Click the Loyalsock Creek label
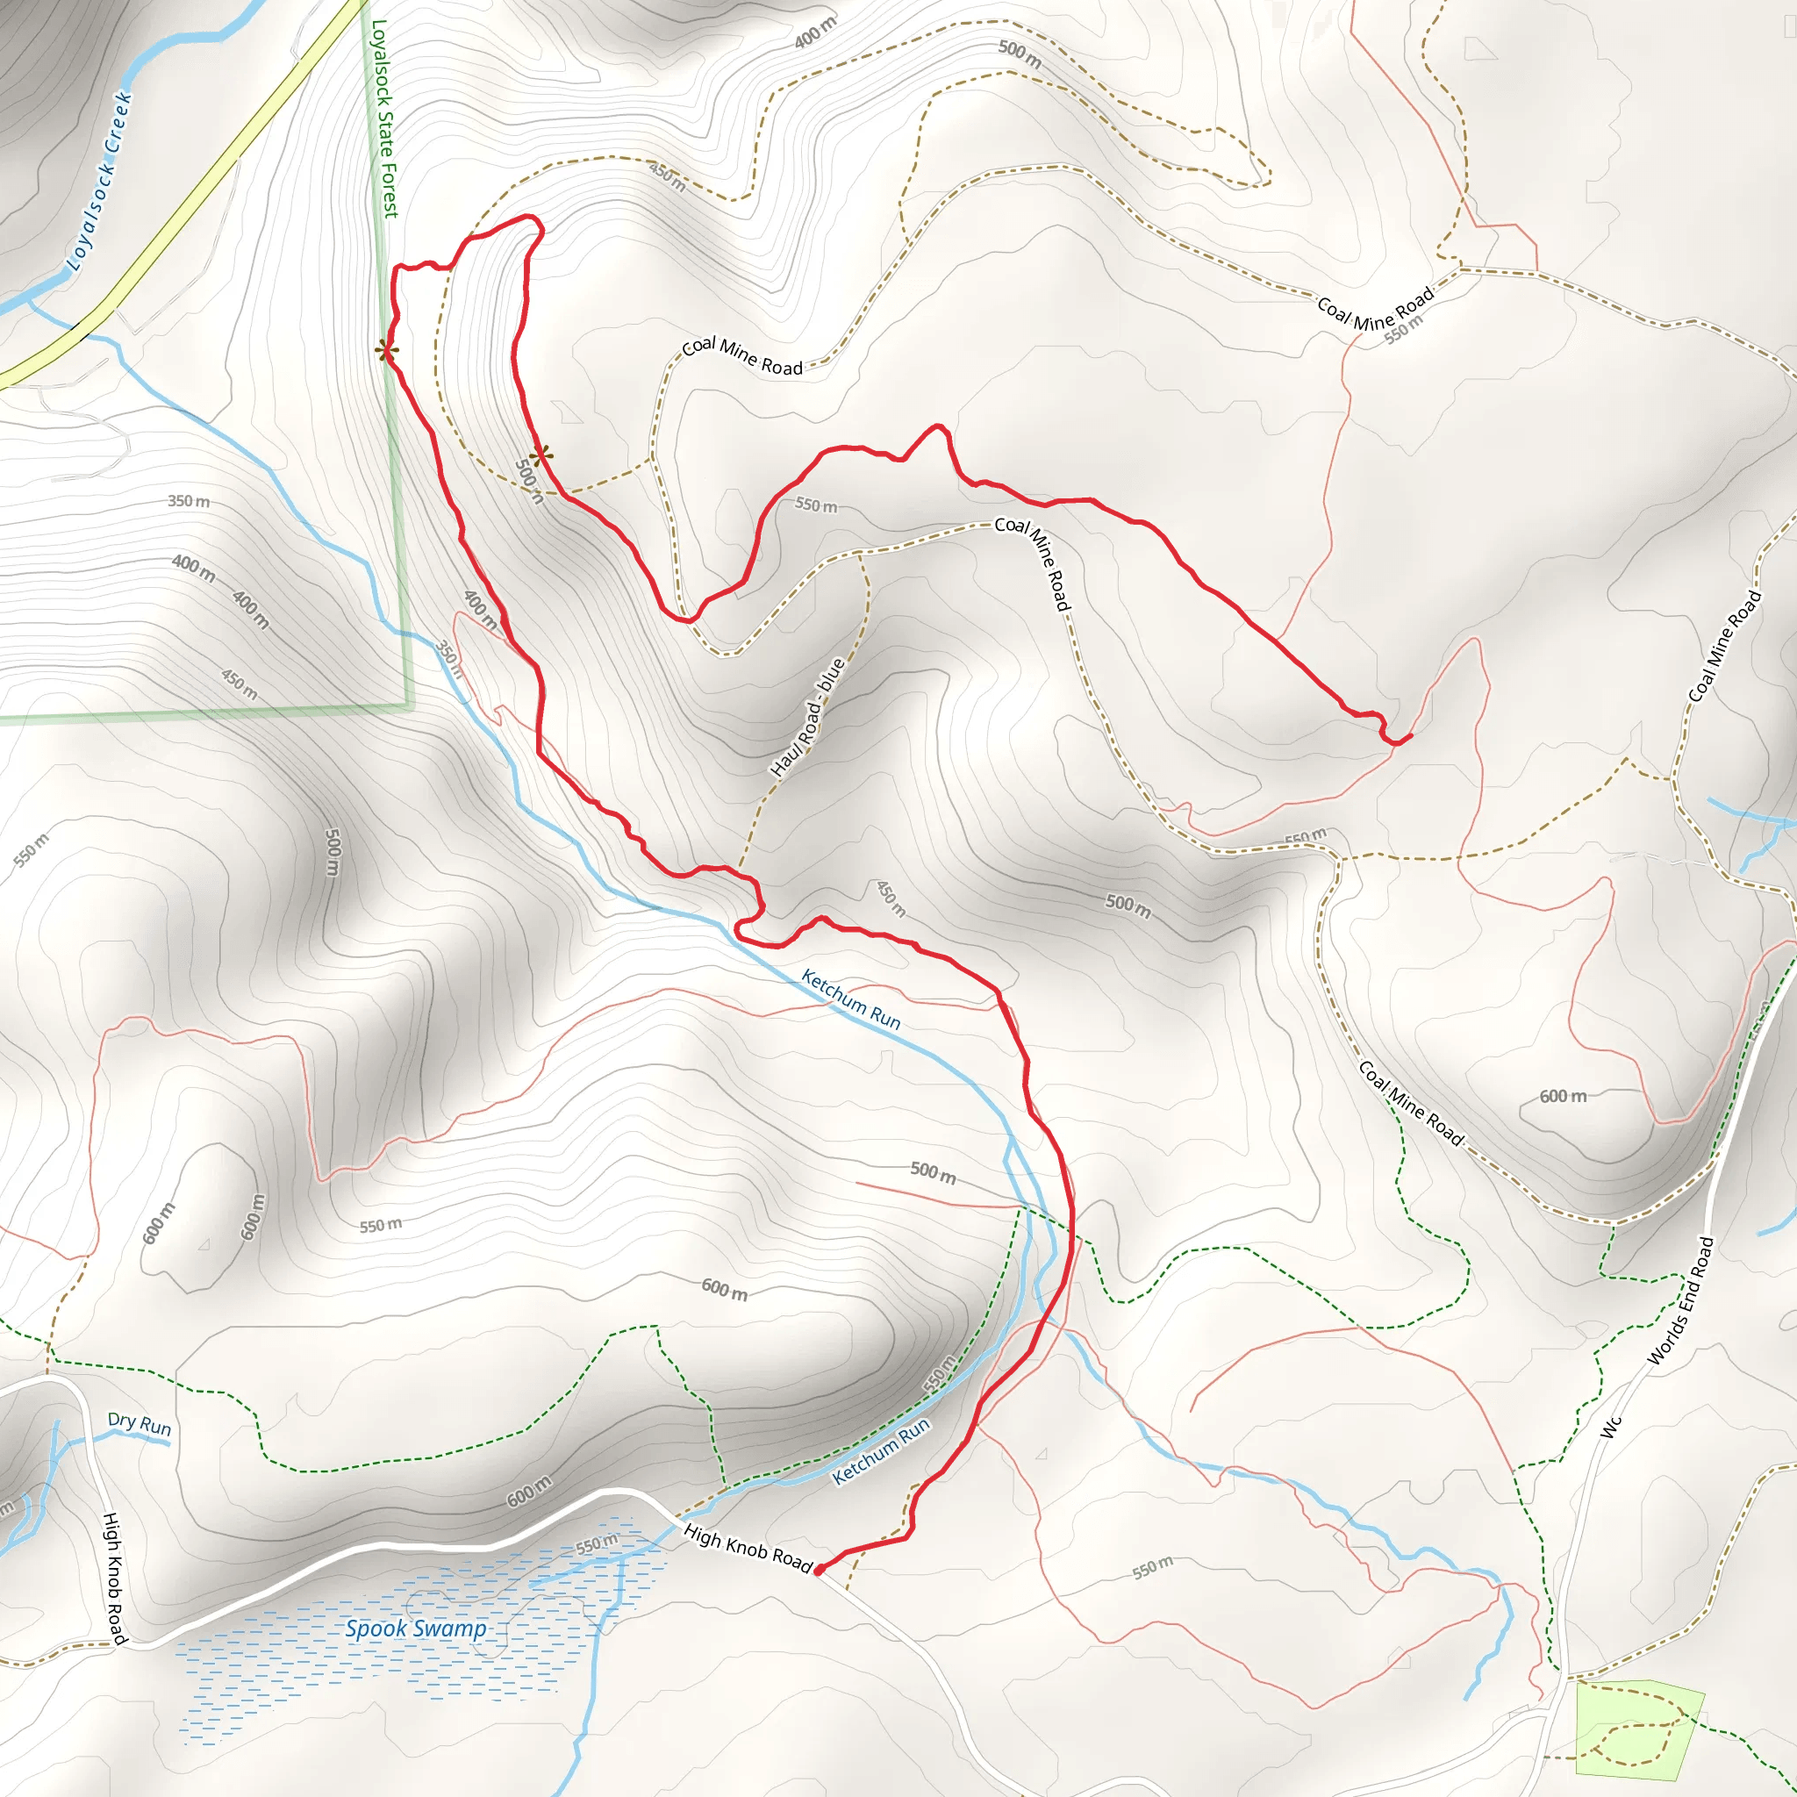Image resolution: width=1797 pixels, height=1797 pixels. [x=98, y=183]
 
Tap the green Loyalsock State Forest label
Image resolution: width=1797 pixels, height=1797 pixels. [x=384, y=119]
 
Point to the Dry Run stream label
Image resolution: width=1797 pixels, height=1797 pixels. [x=140, y=1424]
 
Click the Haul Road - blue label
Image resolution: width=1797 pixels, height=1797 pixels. [x=807, y=717]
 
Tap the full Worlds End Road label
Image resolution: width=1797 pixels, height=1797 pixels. [x=1679, y=1301]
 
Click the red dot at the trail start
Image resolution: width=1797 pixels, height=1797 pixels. [x=819, y=1570]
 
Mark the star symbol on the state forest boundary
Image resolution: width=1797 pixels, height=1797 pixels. [x=387, y=351]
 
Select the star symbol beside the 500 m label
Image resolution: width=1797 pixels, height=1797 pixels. [x=541, y=455]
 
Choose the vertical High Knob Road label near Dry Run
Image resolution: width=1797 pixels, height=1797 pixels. [x=113, y=1578]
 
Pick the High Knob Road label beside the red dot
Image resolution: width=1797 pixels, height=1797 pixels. [x=748, y=1548]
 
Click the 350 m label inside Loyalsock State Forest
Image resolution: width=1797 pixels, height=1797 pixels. [x=189, y=501]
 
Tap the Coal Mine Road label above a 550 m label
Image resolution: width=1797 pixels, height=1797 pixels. [x=1376, y=308]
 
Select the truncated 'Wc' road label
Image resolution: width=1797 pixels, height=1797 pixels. [x=1610, y=1427]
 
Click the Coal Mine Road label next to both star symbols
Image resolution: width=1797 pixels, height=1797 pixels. [x=742, y=356]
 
